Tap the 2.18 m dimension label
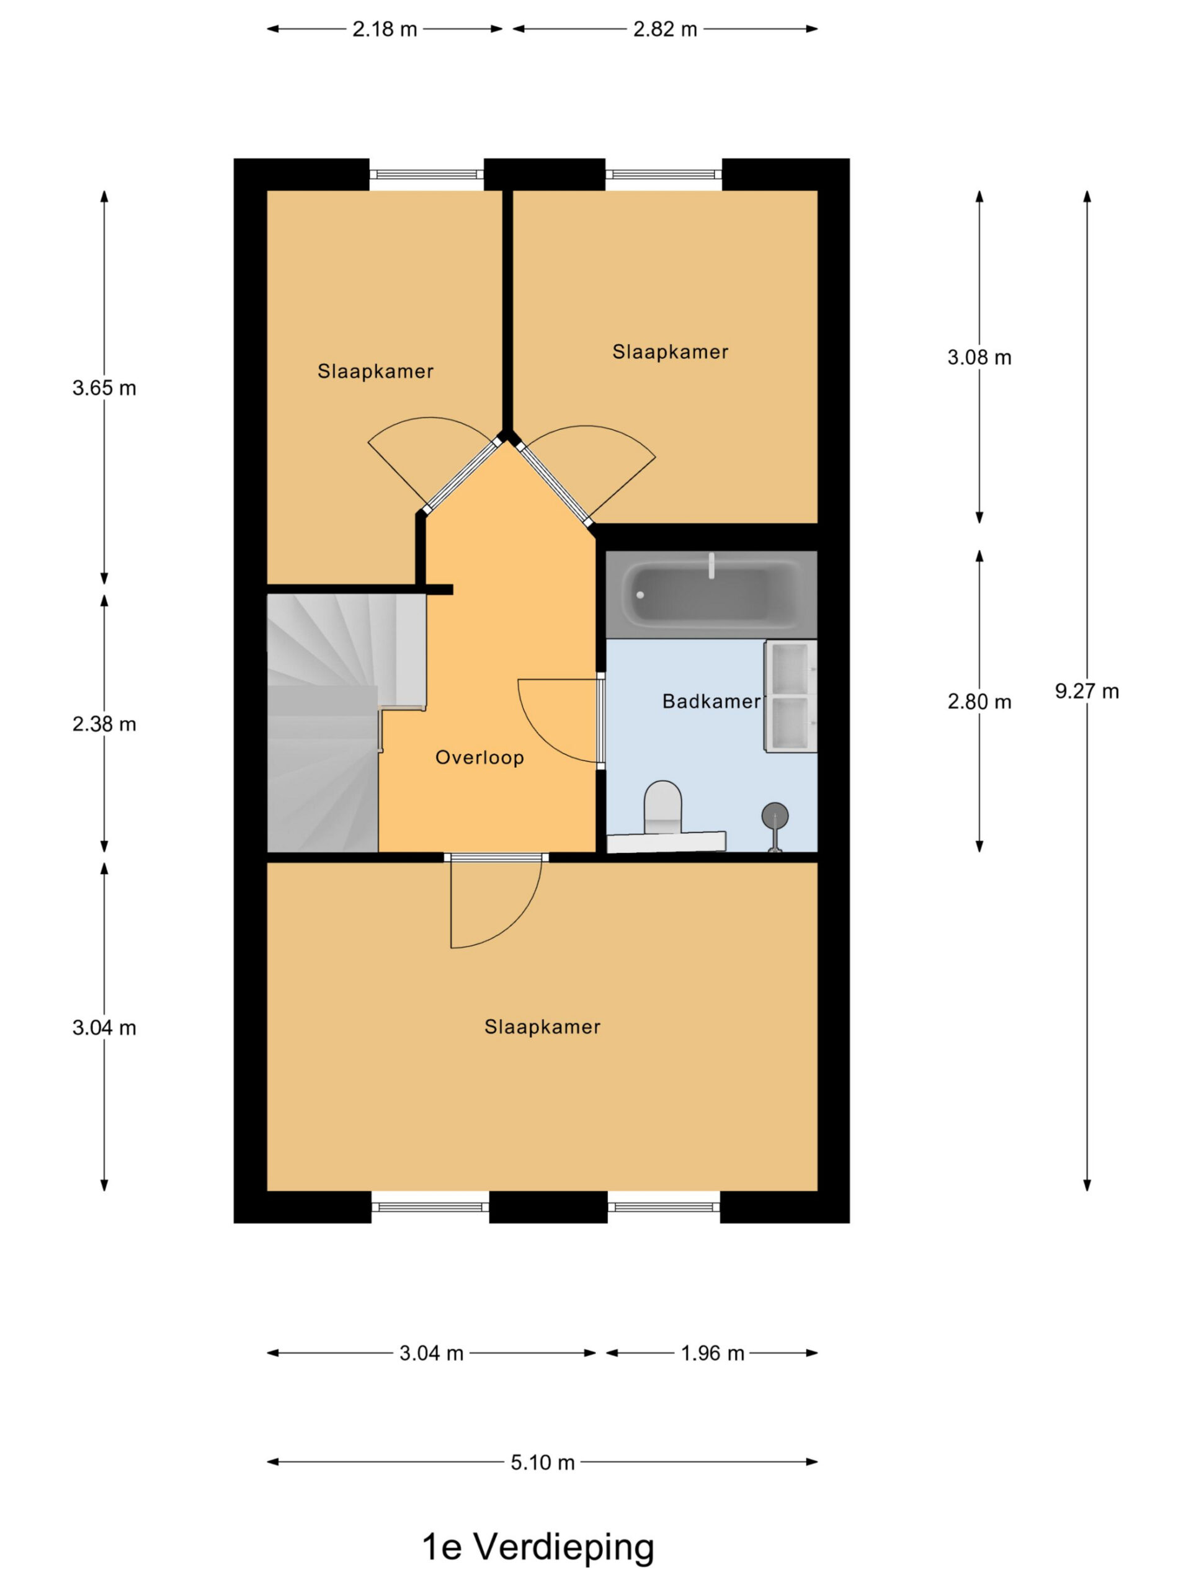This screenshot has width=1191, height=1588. click(384, 29)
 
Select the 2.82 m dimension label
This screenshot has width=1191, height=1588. click(665, 29)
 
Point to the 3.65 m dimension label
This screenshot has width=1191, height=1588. click(104, 388)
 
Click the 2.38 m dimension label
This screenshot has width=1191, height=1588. click(104, 724)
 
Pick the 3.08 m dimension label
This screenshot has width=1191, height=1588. click(979, 357)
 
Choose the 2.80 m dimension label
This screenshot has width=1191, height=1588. click(979, 702)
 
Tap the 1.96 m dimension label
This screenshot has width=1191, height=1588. click(712, 1354)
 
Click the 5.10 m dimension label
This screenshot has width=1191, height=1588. click(543, 1462)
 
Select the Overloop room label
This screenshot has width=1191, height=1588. click(480, 757)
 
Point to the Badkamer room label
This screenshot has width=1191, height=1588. click(711, 702)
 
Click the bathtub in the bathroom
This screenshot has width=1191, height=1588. click(711, 594)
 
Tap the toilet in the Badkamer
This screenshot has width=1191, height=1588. click(662, 808)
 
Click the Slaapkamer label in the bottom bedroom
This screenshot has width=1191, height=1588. click(542, 1027)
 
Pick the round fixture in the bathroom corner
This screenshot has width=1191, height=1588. click(775, 816)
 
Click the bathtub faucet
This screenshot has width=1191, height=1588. click(712, 566)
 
